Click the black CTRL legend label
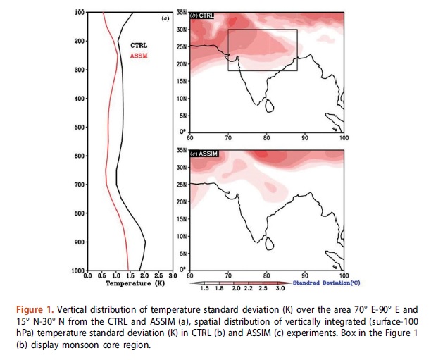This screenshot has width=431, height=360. tap(139, 45)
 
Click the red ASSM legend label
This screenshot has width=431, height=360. tap(139, 56)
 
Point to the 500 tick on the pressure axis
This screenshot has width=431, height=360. tap(80, 127)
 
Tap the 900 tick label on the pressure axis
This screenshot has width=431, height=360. tap(80, 242)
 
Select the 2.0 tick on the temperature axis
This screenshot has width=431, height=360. tap(144, 275)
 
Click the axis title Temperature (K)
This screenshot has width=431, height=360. tap(135, 283)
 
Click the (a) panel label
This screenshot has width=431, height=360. tap(165, 18)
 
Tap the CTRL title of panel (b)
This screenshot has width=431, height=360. tap(206, 15)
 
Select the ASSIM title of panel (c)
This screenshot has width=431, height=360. tap(208, 154)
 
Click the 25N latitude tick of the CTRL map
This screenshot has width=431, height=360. tap(182, 46)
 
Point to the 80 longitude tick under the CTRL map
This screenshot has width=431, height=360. tap(266, 138)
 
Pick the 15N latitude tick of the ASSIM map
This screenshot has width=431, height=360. tap(182, 219)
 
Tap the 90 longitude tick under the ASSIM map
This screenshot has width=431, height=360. tap(305, 275)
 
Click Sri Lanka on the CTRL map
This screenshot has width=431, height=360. tap(269, 106)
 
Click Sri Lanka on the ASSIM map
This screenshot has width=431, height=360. tap(269, 243)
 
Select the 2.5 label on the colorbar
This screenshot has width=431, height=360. tap(263, 288)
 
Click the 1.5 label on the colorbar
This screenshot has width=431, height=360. tap(204, 288)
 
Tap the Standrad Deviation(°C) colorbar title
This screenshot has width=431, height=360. tap(327, 283)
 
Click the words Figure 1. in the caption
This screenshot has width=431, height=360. tap(35, 310)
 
